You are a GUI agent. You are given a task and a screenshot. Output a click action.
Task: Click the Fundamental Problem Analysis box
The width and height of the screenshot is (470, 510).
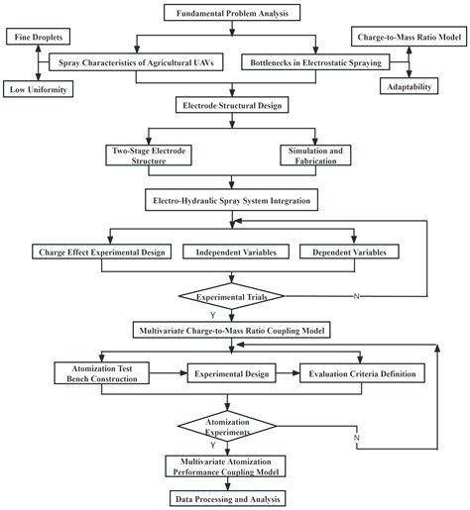(231, 13)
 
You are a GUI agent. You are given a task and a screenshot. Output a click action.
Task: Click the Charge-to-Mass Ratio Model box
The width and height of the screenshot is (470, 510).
(409, 38)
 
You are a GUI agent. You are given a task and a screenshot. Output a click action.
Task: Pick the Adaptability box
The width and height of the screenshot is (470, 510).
(409, 87)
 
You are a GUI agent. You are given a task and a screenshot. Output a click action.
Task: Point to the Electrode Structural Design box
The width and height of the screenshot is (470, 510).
(231, 104)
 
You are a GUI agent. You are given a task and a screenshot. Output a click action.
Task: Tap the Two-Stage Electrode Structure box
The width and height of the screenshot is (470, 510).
(148, 154)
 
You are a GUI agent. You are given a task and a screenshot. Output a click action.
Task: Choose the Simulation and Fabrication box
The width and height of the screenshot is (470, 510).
(314, 154)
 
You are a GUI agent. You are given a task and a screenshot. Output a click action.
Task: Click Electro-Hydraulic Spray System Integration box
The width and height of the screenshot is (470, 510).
(231, 201)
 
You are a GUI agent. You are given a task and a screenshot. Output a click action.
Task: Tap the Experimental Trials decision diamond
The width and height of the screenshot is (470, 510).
(231, 296)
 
